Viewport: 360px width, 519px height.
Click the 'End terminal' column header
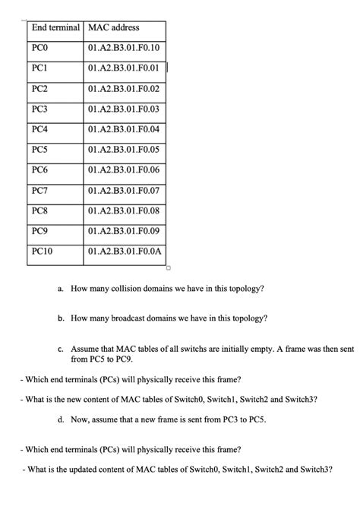(x=55, y=27)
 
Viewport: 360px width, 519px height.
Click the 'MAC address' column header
(x=114, y=27)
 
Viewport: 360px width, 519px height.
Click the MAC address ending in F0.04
(x=124, y=129)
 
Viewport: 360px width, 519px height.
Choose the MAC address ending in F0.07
(x=124, y=190)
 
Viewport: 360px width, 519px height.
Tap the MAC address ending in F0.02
(x=124, y=89)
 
